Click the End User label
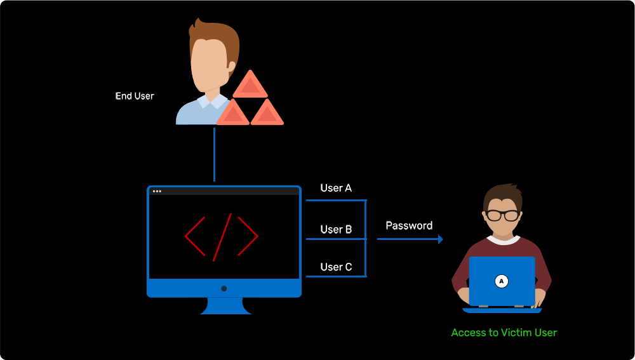(135, 97)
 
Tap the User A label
(336, 188)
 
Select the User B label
(336, 229)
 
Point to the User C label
(336, 267)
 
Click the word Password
(409, 225)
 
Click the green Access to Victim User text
(504, 332)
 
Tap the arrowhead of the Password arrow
(439, 239)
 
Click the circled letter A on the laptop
(502, 281)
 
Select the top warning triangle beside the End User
(250, 86)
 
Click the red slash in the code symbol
(222, 237)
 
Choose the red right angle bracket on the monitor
(250, 236)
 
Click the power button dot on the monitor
(224, 288)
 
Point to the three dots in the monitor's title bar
(157, 191)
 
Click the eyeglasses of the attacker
(502, 215)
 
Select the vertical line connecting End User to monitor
(214, 154)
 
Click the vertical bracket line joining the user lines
(366, 239)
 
